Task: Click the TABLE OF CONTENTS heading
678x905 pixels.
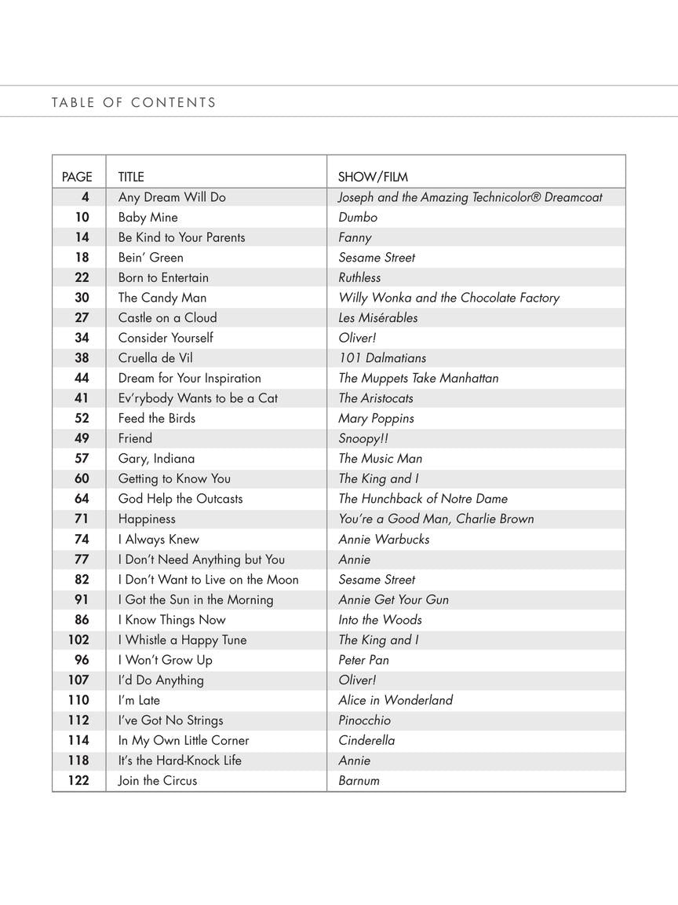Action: pyautogui.click(x=133, y=102)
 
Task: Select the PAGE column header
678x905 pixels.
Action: pyautogui.click(x=77, y=177)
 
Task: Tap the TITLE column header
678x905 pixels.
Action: pyautogui.click(x=131, y=177)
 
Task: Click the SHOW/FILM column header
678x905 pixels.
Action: pyautogui.click(x=373, y=177)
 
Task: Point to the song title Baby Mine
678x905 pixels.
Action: pyautogui.click(x=148, y=218)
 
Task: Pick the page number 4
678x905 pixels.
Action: pyautogui.click(x=85, y=197)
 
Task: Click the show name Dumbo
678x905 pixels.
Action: pyautogui.click(x=358, y=218)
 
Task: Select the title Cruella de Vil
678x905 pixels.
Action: pyautogui.click(x=155, y=358)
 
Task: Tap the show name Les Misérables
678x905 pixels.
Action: pyautogui.click(x=377, y=318)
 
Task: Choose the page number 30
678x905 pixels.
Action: pyautogui.click(x=82, y=298)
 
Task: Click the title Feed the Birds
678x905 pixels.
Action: pyautogui.click(x=157, y=419)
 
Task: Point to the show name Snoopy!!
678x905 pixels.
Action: pyautogui.click(x=363, y=438)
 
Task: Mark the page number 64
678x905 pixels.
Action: pyautogui.click(x=82, y=499)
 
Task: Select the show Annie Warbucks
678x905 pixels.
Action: pyautogui.click(x=384, y=540)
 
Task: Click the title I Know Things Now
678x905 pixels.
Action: pyautogui.click(x=172, y=620)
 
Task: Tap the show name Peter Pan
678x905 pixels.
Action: pyautogui.click(x=363, y=660)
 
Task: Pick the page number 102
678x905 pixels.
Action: pyautogui.click(x=78, y=640)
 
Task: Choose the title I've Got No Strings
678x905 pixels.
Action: pyautogui.click(x=170, y=720)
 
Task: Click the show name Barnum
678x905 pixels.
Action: pyautogui.click(x=359, y=781)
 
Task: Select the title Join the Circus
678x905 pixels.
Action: pyautogui.click(x=158, y=781)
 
